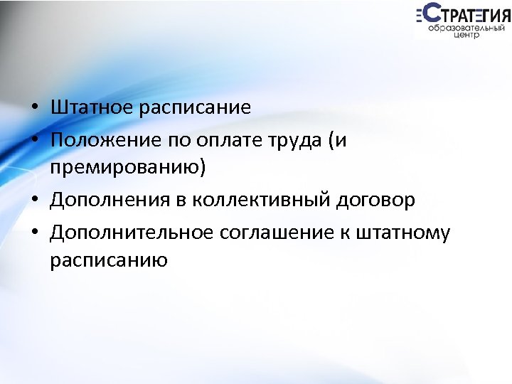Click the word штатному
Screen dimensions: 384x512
(x=409, y=232)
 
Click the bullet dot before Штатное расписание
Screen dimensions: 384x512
(x=34, y=109)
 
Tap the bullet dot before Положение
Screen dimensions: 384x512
(x=34, y=139)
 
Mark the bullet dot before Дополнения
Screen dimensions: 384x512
(x=34, y=201)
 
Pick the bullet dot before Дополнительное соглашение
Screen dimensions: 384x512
(x=34, y=232)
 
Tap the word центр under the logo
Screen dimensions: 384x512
(x=465, y=37)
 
